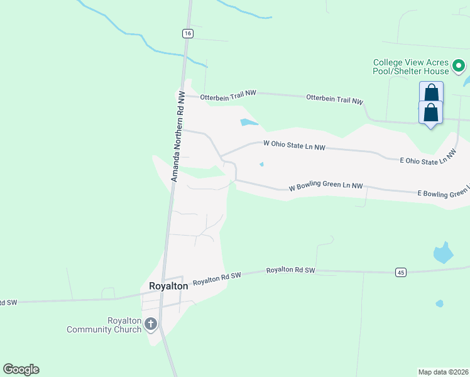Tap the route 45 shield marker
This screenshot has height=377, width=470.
click(400, 272)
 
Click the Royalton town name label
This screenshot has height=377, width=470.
click(168, 286)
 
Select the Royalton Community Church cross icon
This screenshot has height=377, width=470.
click(151, 324)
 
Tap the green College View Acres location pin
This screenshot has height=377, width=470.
click(459, 65)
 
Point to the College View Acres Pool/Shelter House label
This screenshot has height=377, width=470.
click(411, 67)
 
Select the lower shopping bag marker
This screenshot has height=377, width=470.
click(431, 112)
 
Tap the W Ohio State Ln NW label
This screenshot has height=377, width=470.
click(294, 145)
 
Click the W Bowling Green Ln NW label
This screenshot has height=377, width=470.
click(325, 187)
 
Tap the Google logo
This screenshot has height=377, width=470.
click(21, 369)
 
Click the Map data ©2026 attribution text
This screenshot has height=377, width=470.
click(443, 372)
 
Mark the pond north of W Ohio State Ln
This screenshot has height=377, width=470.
click(249, 123)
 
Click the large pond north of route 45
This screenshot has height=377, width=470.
click(443, 253)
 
